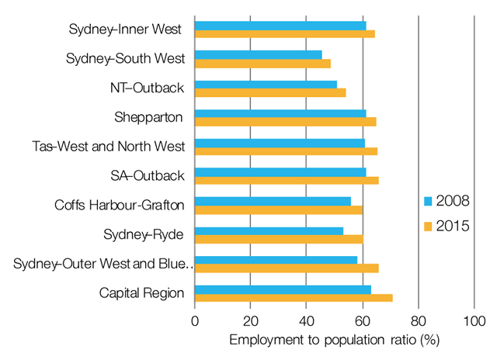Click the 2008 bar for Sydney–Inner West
coord(280,26)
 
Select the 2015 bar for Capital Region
coord(294,297)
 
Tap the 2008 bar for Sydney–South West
coord(258,55)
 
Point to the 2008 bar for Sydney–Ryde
coord(269,230)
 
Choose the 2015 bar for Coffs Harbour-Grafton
coord(278,209)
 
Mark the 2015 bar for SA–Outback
coord(287,180)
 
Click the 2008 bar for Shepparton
coord(280,113)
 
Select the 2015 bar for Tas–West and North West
coord(286,151)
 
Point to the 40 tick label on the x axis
coord(307,321)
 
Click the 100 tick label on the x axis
coord(474,321)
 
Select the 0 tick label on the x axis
coord(195,321)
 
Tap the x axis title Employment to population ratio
coord(335,341)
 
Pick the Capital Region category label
coord(142,292)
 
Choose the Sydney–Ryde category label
coord(144,234)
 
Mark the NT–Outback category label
coord(148,88)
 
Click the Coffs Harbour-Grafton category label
coord(120,205)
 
